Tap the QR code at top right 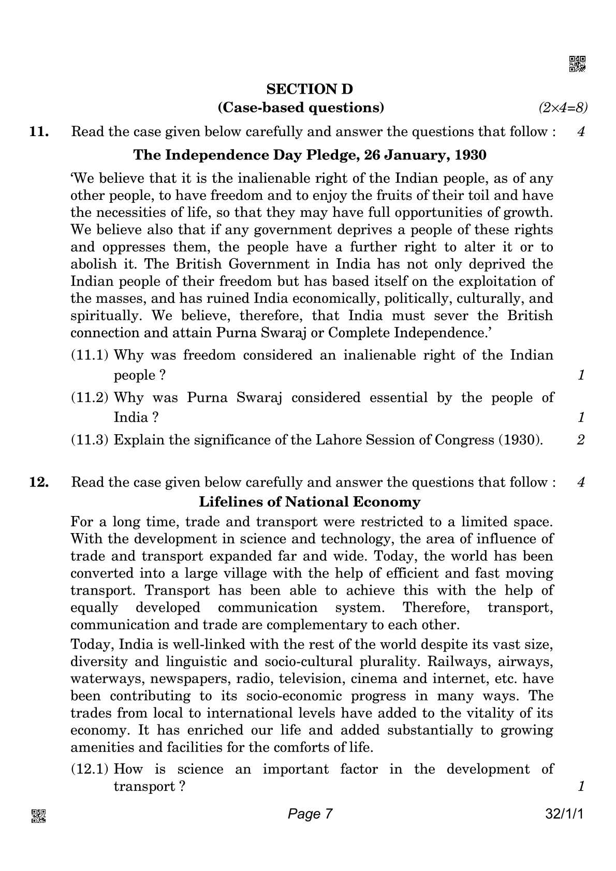click(577, 64)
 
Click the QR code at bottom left click(39, 816)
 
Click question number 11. click(40, 131)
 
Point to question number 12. click(40, 482)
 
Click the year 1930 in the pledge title click(472, 155)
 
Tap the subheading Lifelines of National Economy click(310, 501)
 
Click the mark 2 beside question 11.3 click(581, 440)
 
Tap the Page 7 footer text click(310, 814)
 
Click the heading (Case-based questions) click(301, 108)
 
